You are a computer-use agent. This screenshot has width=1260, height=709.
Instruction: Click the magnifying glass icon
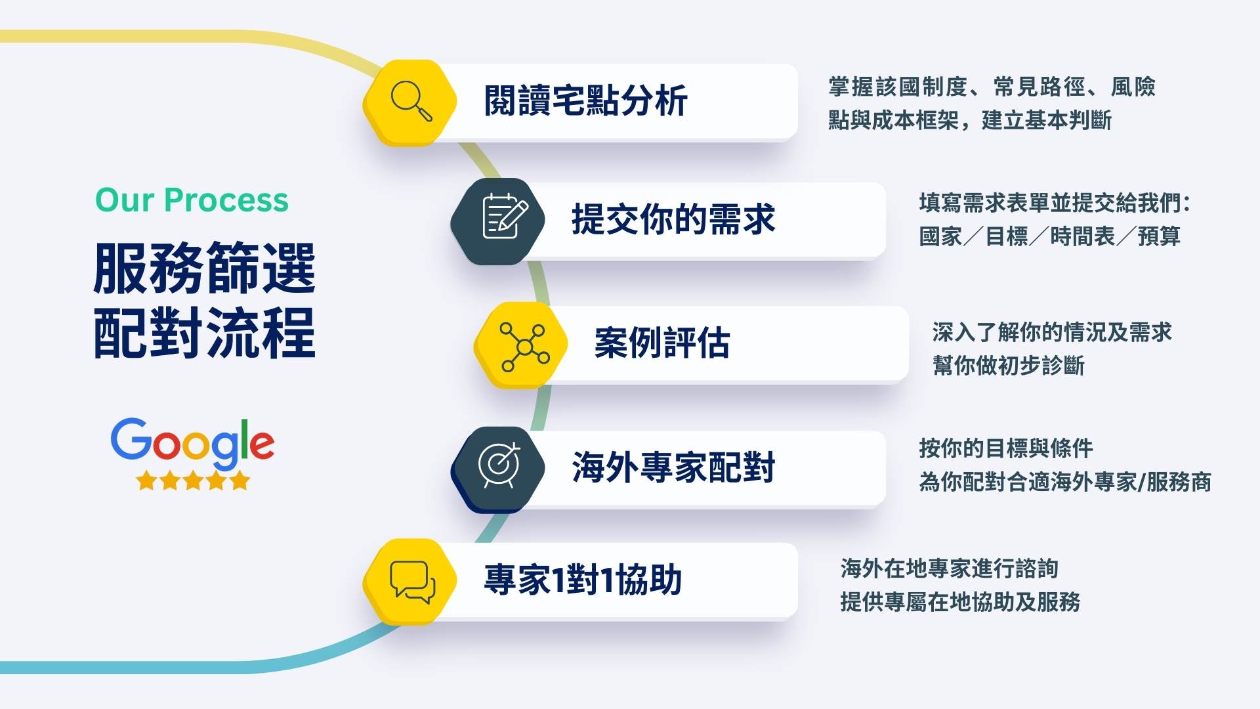411,101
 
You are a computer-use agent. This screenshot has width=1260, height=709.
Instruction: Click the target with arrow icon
499,465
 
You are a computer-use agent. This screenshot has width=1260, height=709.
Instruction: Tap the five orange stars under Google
193,481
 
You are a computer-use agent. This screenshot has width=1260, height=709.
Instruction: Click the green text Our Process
192,200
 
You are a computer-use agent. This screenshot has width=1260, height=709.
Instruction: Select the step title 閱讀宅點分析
585,101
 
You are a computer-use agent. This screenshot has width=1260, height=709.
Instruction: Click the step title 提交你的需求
673,219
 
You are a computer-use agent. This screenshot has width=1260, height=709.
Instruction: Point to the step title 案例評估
661,343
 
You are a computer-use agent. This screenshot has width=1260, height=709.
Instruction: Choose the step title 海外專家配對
673,467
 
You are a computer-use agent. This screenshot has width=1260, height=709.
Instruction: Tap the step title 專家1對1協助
583,580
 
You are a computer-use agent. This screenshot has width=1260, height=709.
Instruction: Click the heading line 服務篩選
205,268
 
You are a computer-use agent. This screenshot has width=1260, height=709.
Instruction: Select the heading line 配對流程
205,332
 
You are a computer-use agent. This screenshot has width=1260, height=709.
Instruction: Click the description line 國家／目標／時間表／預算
1049,236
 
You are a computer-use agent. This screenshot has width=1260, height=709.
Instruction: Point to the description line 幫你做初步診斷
1008,366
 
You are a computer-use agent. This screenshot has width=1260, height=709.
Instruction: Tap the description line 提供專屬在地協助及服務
960,602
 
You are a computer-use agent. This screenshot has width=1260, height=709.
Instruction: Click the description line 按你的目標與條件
1006,449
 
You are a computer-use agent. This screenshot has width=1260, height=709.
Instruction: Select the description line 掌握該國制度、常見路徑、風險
992,87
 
